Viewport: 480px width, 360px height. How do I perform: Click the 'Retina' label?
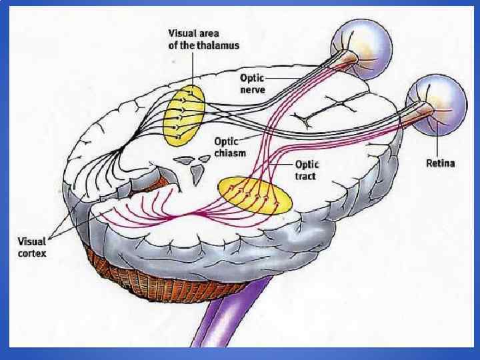click(441, 163)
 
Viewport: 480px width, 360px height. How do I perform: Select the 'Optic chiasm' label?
click(231, 147)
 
